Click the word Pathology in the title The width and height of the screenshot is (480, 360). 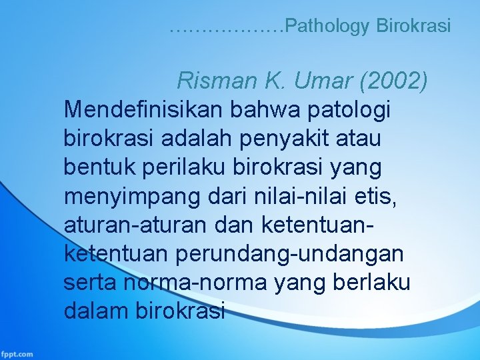(x=328, y=27)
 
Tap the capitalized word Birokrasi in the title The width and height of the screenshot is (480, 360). (x=413, y=27)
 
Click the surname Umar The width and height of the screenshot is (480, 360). (x=320, y=81)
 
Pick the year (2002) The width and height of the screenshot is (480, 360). (x=394, y=81)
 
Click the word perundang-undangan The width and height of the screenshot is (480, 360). (x=293, y=254)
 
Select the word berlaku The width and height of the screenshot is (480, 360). (x=373, y=283)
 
